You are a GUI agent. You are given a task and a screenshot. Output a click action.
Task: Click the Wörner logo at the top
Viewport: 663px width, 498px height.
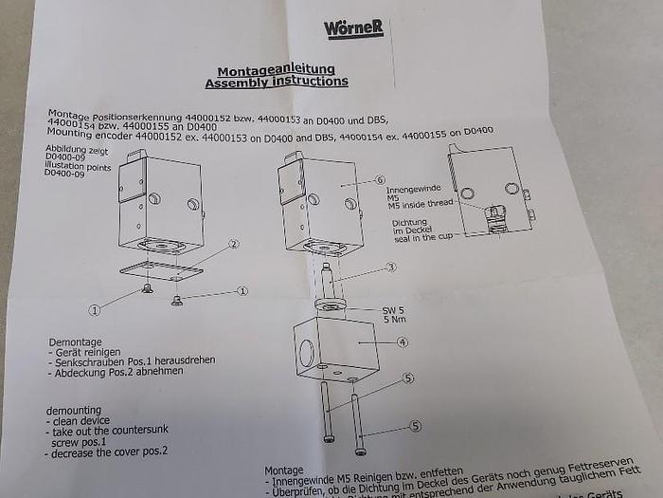pos(353,28)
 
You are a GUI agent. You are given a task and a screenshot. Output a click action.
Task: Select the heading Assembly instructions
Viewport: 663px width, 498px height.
pos(276,83)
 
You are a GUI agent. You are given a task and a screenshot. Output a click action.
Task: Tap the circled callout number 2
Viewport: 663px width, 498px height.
pos(232,244)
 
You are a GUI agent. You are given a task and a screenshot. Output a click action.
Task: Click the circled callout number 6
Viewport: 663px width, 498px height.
pos(380,179)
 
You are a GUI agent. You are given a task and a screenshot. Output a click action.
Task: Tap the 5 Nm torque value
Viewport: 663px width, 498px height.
pos(394,320)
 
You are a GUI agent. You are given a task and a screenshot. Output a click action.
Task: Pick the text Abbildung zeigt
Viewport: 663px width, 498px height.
pos(77,150)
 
